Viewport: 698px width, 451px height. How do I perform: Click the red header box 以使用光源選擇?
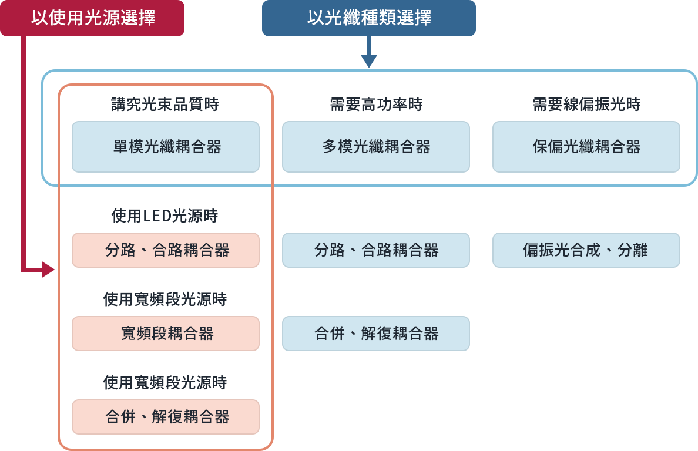[x=92, y=18]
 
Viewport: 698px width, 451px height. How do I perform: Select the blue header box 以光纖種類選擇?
[x=368, y=18]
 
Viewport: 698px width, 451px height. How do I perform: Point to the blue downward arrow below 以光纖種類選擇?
[x=368, y=59]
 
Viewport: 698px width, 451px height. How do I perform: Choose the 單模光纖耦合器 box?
[x=166, y=147]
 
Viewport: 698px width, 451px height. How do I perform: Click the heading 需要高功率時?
[x=376, y=105]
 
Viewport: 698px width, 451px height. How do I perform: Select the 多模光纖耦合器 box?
[x=376, y=147]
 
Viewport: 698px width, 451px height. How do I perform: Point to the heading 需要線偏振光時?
[x=586, y=105]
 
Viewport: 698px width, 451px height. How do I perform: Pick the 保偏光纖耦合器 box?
[x=586, y=147]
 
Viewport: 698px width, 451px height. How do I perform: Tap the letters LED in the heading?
[x=157, y=216]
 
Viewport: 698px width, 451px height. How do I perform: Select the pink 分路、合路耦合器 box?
[x=166, y=250]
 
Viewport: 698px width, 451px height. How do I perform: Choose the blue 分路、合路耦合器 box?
[x=376, y=250]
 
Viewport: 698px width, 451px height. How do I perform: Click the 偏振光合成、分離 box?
[x=586, y=250]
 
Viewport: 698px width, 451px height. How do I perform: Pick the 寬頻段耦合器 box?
[x=166, y=334]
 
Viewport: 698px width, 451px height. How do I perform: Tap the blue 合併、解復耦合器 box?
[x=376, y=334]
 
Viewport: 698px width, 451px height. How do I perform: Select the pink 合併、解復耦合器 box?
[x=166, y=417]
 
